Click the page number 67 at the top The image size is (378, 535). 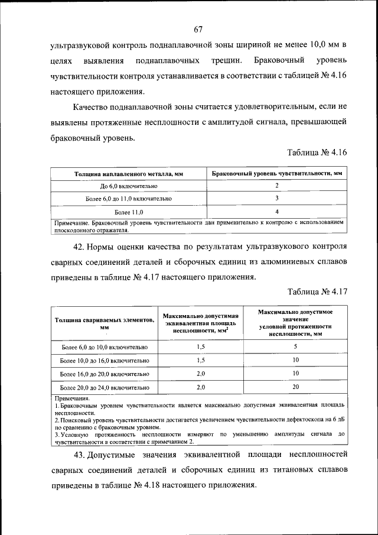click(x=198, y=29)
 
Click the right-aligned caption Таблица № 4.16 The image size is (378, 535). click(x=317, y=152)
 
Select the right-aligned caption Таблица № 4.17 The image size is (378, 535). click(x=317, y=291)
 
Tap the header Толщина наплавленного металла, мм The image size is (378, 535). click(x=129, y=174)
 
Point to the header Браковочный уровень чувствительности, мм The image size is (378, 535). click(x=276, y=174)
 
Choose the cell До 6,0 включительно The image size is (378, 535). click(x=129, y=186)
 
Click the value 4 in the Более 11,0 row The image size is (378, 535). click(x=276, y=211)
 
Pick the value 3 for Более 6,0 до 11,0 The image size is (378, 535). click(x=276, y=199)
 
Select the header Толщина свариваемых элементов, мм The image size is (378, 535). click(x=104, y=322)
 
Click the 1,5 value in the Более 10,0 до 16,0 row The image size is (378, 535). click(x=200, y=360)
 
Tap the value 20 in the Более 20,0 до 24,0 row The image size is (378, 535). click(x=295, y=387)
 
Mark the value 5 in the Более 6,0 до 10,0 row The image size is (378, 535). click(x=295, y=346)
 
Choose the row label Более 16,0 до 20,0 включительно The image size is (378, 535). click(x=104, y=374)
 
